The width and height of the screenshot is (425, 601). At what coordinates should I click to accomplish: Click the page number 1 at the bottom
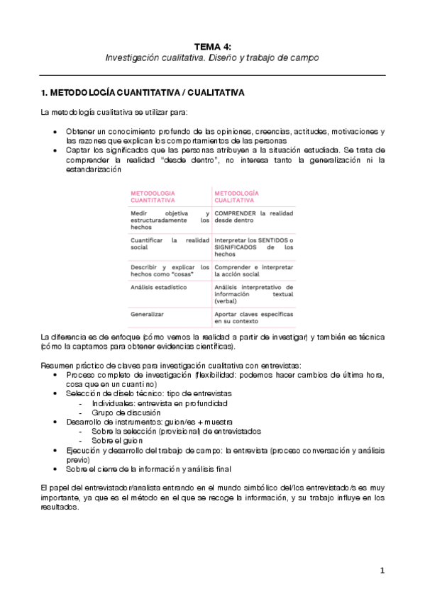point(382,570)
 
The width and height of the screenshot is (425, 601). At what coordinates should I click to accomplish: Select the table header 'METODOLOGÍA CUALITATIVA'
point(236,196)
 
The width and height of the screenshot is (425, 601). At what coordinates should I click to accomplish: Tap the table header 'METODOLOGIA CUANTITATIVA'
point(153,196)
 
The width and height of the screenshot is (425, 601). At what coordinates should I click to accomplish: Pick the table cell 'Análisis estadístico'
point(158,287)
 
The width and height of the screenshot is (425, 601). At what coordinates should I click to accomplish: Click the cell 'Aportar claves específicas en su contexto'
point(253,316)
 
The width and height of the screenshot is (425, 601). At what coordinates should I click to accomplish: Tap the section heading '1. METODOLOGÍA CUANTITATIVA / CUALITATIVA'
point(143,93)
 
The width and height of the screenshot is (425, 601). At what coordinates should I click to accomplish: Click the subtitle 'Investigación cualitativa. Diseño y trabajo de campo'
point(212,57)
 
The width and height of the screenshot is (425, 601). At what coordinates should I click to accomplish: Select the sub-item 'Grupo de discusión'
point(126,412)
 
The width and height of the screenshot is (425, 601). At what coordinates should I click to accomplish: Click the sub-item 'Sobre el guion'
point(116,440)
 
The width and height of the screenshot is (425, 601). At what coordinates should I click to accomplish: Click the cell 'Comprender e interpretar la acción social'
point(253,271)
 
